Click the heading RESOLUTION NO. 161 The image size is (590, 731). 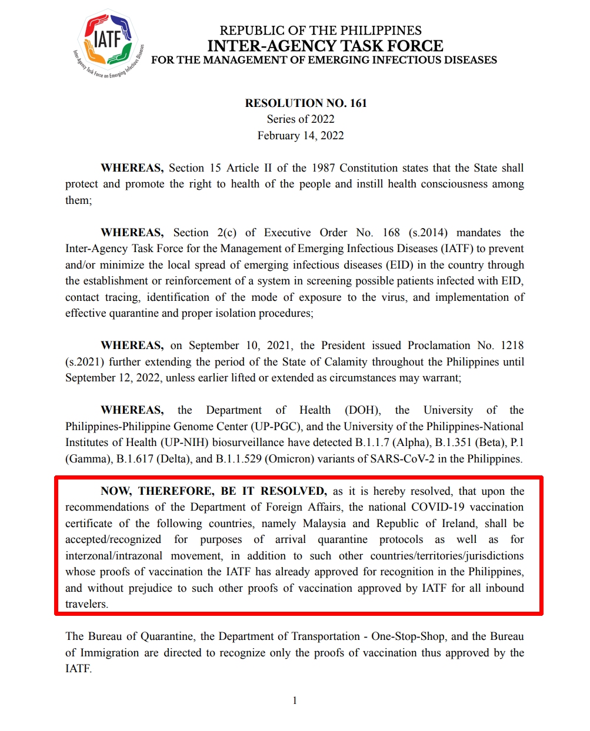[306, 103]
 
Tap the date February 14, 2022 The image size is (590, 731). [301, 136]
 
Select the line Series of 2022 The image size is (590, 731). [301, 119]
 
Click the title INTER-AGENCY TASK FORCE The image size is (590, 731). [325, 46]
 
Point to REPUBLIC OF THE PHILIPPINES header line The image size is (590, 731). [321, 31]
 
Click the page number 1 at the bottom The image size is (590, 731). [295, 700]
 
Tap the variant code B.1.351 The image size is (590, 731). [455, 442]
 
